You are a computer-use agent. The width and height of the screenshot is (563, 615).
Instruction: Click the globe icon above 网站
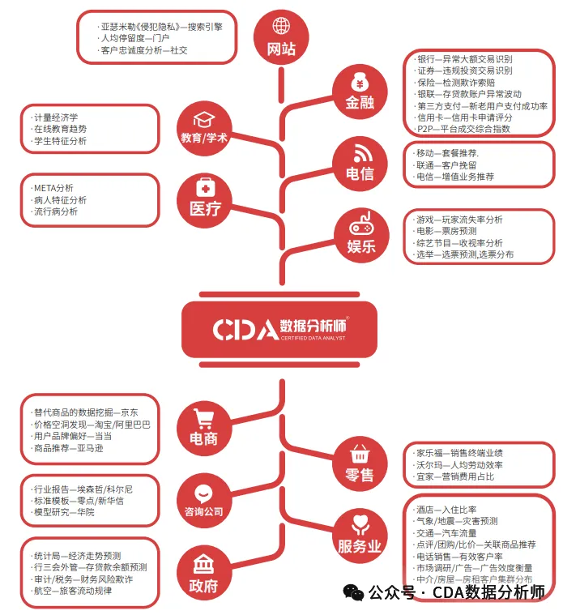click(281, 27)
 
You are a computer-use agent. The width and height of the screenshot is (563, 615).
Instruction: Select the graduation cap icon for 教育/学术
click(204, 119)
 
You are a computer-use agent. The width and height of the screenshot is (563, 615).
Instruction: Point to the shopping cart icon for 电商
click(204, 419)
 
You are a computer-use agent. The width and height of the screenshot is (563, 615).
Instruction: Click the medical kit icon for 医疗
click(204, 186)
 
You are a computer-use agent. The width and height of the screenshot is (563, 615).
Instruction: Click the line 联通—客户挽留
click(446, 164)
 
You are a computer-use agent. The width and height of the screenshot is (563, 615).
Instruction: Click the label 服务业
click(360, 547)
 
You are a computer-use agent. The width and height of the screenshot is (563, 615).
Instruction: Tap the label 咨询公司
click(203, 512)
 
